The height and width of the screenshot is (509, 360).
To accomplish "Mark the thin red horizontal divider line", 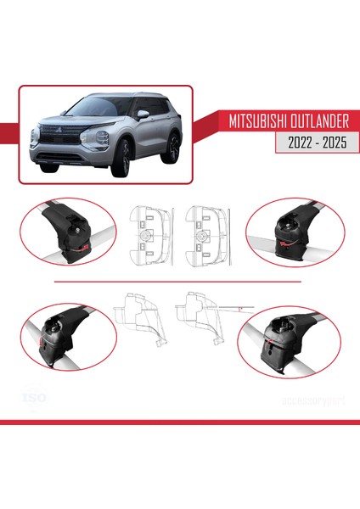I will coord(178,280).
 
